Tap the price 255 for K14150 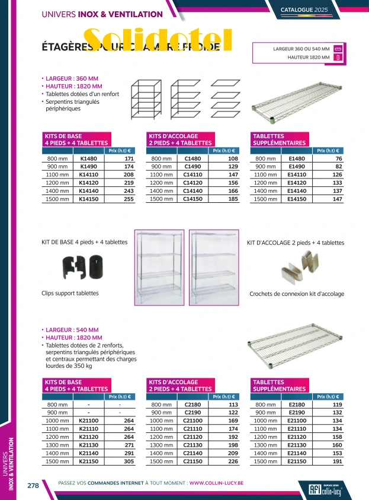[x=129, y=200]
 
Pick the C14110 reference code [x=193, y=175]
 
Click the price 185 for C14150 [x=233, y=200]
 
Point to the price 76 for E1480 [x=338, y=159]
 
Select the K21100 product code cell [x=88, y=421]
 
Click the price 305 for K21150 [x=129, y=461]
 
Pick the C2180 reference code [x=193, y=405]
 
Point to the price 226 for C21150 [x=233, y=461]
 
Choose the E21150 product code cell [x=297, y=461]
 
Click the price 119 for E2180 [x=337, y=405]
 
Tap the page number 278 [x=33, y=485]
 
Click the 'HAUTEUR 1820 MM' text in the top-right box [x=308, y=58]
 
